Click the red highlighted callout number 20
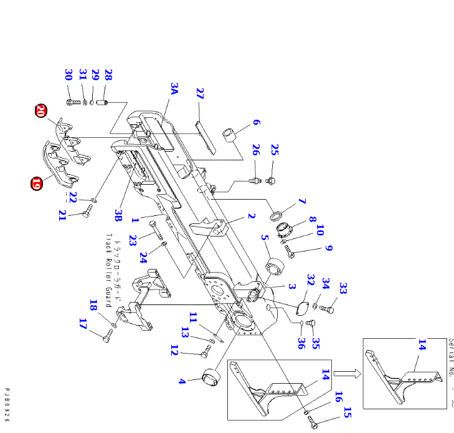coord(40,112)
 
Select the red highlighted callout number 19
coord(36,184)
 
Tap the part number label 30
coord(69,75)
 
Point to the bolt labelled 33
coord(329,308)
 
